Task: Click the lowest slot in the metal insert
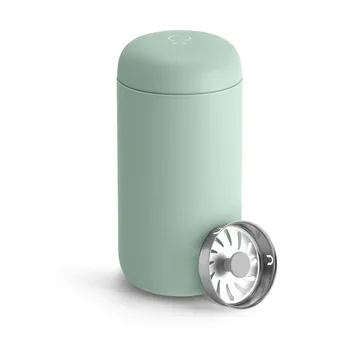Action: (x=239, y=290)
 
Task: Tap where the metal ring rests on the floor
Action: (x=240, y=304)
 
